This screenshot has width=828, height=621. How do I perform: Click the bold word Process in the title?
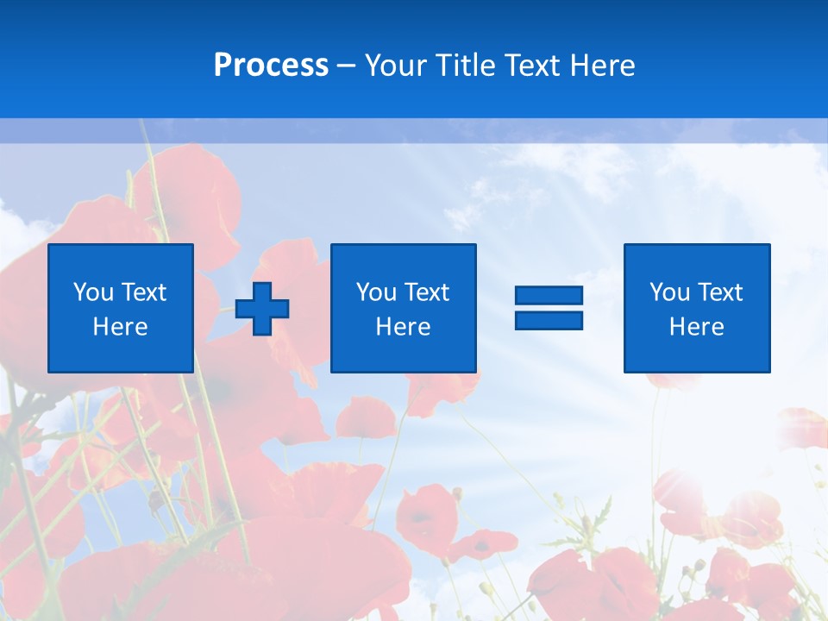pos(271,66)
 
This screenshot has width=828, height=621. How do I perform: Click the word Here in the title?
pos(602,66)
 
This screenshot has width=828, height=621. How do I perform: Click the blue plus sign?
pos(262,309)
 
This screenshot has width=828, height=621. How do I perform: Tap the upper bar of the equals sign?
pos(549,296)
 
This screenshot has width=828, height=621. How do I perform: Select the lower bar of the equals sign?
pos(549,320)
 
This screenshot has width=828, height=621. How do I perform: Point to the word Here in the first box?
pos(120,327)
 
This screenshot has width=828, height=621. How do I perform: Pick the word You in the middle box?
pos(375,292)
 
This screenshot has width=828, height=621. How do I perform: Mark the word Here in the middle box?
pos(403,327)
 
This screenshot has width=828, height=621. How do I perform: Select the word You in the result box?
pos(668,292)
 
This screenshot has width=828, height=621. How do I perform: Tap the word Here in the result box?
pos(696,327)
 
